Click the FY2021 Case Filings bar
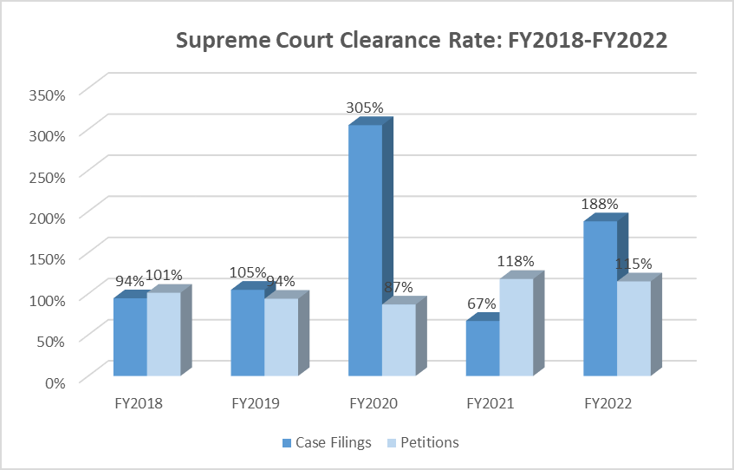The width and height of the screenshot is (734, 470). tap(483, 348)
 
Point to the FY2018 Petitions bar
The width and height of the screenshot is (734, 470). tap(164, 334)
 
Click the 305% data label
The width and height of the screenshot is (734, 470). tap(365, 108)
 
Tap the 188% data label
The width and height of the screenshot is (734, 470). tap(600, 205)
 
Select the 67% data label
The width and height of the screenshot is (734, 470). tap(482, 304)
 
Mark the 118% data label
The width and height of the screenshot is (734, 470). tap(516, 261)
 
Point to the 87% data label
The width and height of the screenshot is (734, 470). tap(398, 287)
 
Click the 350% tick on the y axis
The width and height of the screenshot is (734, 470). tap(48, 94)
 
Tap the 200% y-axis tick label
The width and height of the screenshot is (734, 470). tap(48, 217)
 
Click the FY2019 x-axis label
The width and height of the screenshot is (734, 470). tap(256, 404)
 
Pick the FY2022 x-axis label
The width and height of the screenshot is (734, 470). tap(607, 404)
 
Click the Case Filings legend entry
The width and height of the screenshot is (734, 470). tap(327, 442)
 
